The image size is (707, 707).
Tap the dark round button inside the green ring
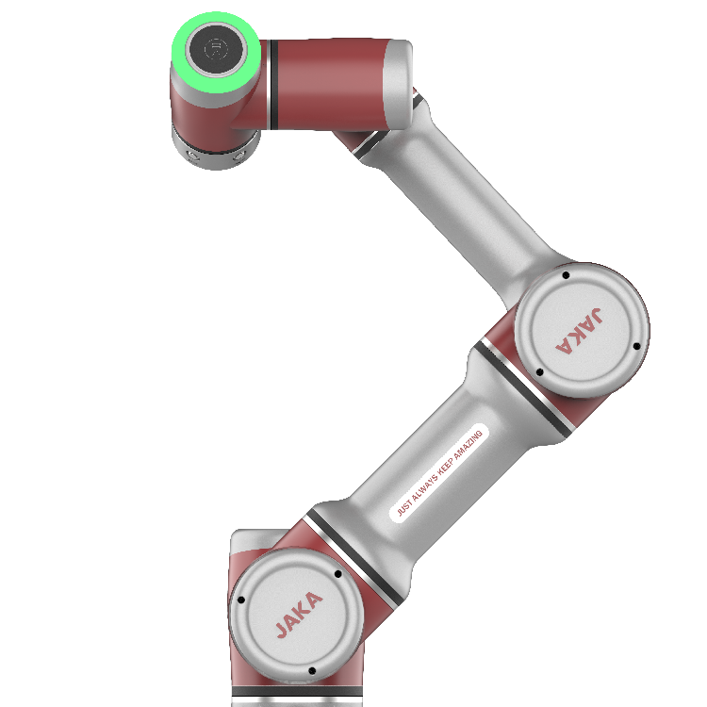217,49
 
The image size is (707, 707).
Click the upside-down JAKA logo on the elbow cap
580,331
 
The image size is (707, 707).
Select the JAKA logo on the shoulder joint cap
299,615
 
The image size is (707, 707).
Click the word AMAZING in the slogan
468,446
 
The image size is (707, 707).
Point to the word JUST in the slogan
404,507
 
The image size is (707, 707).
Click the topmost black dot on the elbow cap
566,275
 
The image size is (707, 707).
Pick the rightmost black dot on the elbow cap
636,346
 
